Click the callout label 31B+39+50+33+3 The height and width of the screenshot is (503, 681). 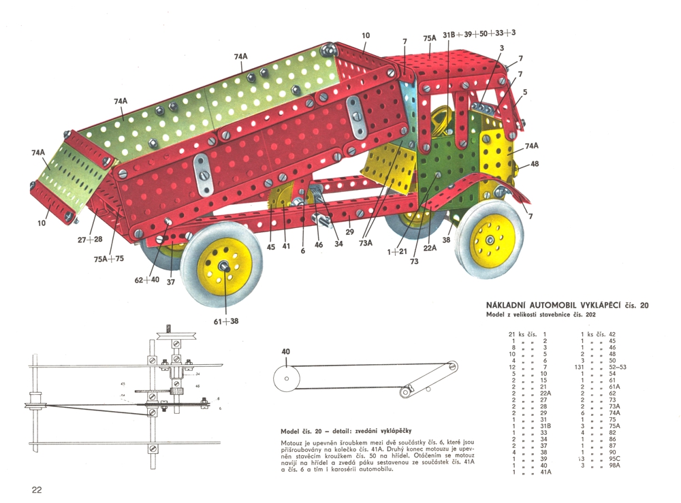coord(479,33)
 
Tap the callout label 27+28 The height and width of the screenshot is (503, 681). coord(90,239)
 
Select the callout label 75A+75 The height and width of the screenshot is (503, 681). coord(109,259)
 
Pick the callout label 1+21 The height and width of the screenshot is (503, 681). coord(397,252)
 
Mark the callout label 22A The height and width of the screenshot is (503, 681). coord(430,248)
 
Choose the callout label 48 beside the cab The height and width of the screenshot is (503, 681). coord(534,163)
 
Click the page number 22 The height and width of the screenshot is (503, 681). coord(37,489)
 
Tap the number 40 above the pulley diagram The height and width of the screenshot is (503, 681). coord(285,352)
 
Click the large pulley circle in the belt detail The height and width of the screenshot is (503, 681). coord(287,376)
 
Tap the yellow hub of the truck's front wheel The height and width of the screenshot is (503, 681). coord(490,240)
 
